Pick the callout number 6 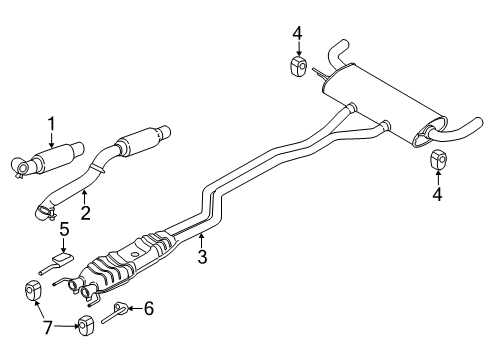click(x=148, y=310)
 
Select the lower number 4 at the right click(x=437, y=195)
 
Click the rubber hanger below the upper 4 click(x=297, y=66)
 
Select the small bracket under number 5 click(x=63, y=261)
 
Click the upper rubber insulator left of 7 click(x=30, y=291)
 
